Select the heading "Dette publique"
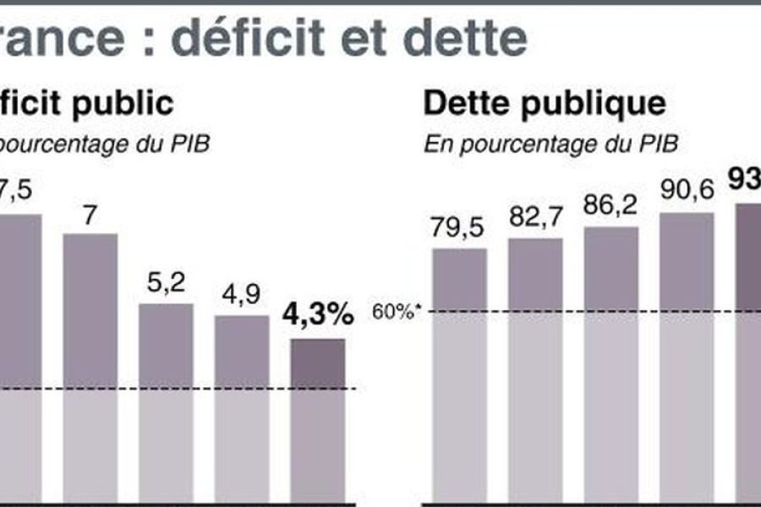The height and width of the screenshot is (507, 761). pyautogui.click(x=544, y=104)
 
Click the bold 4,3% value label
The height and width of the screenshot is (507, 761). pyautogui.click(x=318, y=316)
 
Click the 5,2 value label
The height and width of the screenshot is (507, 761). pyautogui.click(x=166, y=284)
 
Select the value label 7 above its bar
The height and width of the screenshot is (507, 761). pyautogui.click(x=90, y=215)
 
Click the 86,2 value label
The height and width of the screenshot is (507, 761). pyautogui.click(x=610, y=207)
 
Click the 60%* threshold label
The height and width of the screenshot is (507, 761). pyautogui.click(x=396, y=312)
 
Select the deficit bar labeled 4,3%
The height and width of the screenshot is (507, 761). pyautogui.click(x=318, y=418)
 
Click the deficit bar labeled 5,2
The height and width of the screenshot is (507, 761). pyautogui.click(x=166, y=401)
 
